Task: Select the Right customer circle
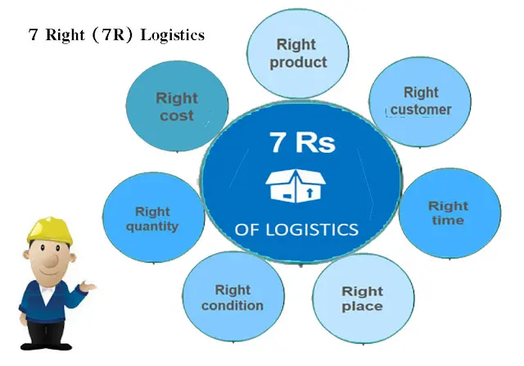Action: (420, 100)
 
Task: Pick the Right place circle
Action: (362, 299)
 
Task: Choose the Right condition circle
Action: (233, 298)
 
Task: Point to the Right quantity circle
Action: (152, 218)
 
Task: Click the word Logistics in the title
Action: (171, 36)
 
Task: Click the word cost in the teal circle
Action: (177, 116)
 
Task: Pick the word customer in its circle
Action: (420, 109)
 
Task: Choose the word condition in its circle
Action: (233, 306)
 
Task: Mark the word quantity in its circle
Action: (152, 226)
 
